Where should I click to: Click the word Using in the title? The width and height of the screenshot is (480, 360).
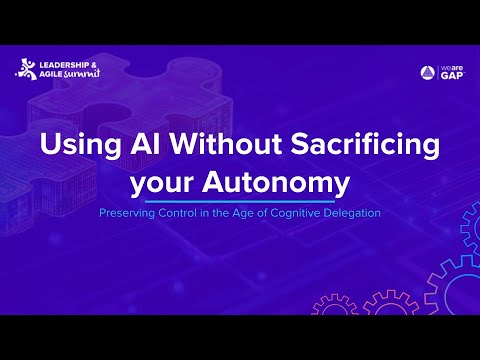click(73, 146)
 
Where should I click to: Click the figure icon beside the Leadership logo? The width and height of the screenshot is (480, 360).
click(25, 69)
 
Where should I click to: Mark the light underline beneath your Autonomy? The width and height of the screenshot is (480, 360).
click(240, 199)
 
